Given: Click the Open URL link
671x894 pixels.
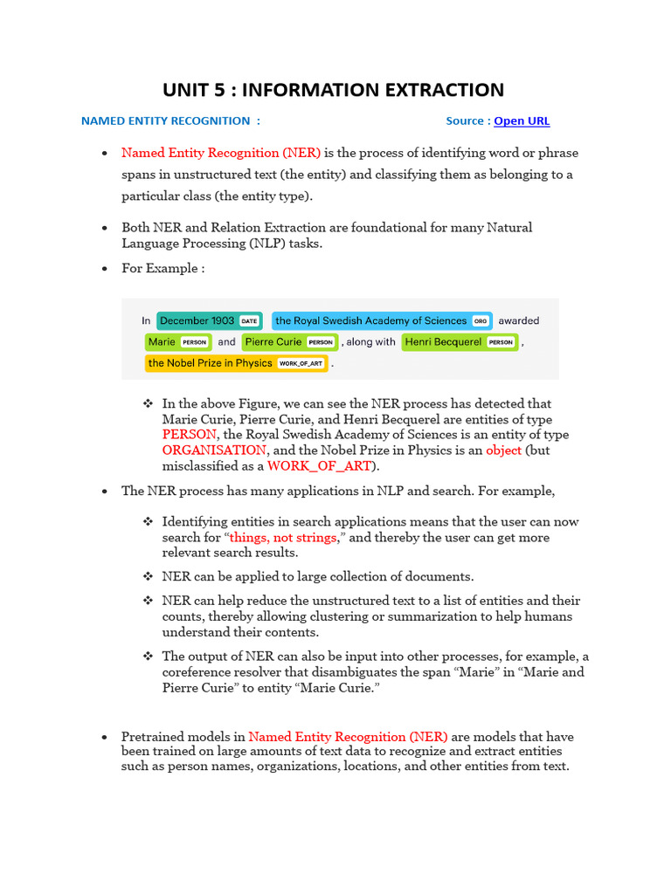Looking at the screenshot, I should click(x=522, y=121).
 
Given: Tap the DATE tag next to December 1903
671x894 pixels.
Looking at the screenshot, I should click(x=249, y=321).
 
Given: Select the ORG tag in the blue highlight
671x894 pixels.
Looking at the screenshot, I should click(x=480, y=321).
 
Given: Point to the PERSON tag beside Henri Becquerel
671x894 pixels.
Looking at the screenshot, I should click(x=500, y=342).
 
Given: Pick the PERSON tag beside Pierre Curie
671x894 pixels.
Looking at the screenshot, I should click(x=321, y=342).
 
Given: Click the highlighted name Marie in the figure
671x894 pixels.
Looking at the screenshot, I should click(x=162, y=342).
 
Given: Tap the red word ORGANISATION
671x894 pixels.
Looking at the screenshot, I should click(x=214, y=450).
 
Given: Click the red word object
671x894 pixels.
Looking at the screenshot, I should click(x=504, y=450).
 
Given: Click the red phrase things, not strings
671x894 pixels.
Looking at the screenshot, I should click(x=282, y=537).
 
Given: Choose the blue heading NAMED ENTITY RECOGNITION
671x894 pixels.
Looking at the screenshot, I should click(x=165, y=121).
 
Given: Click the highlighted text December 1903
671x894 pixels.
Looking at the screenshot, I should click(x=197, y=320).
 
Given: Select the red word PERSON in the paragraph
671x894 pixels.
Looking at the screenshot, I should click(x=189, y=434).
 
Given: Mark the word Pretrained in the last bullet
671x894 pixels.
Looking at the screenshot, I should click(x=153, y=736).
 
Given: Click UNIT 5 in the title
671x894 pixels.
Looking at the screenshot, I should click(x=194, y=90).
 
